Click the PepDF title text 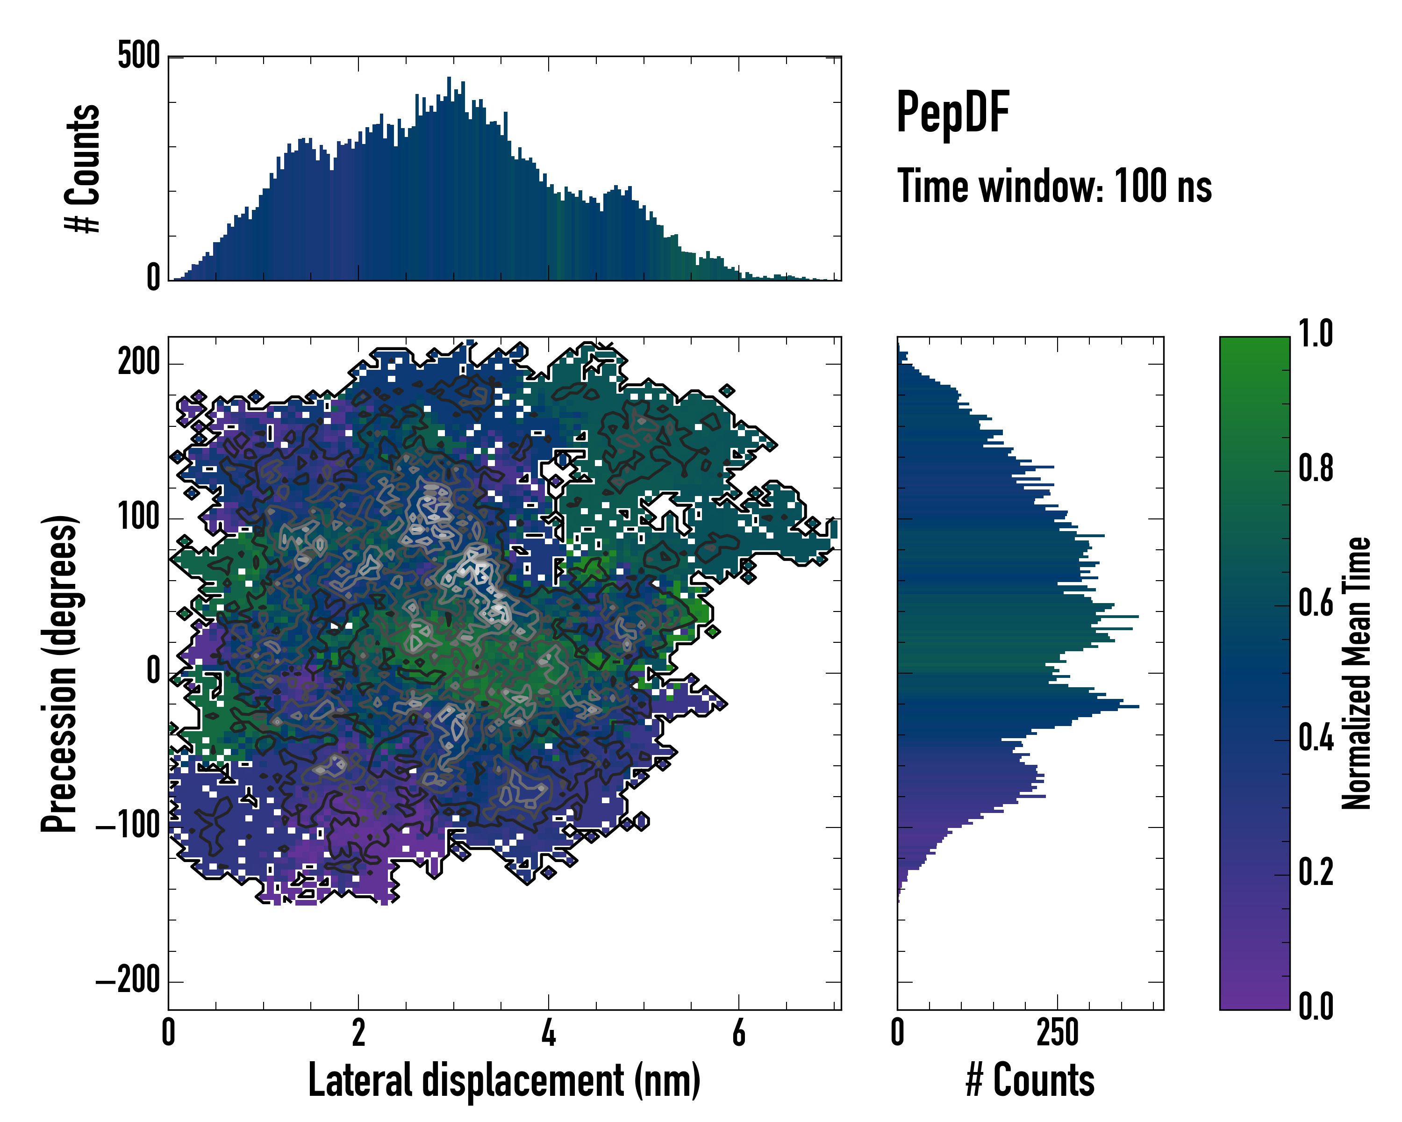tap(952, 113)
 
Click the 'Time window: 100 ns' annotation tap(1054, 187)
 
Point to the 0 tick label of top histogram tap(153, 278)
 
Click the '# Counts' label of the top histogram tap(83, 168)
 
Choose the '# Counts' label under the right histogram tap(1030, 1080)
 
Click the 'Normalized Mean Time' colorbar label tap(1357, 673)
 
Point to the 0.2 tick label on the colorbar tap(1316, 873)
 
